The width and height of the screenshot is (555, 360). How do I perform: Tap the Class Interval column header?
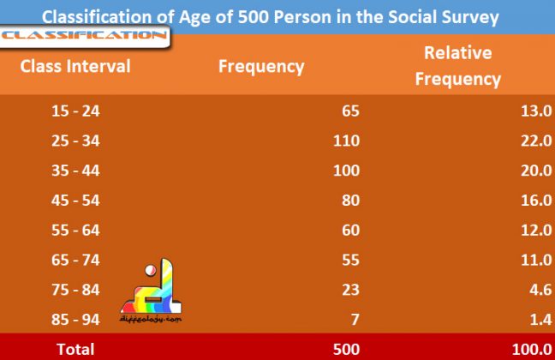coord(75,66)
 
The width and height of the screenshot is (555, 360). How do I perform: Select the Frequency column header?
coord(261,66)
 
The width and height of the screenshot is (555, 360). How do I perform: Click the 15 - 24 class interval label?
coord(75,111)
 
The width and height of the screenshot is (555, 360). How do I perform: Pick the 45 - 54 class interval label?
coord(75,200)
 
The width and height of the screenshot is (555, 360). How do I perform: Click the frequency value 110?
coord(345,141)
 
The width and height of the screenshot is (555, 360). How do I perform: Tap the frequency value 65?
coord(350,111)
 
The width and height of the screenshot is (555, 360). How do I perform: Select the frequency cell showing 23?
coord(350,289)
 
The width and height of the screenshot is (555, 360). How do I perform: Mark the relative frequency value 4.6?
coord(539,289)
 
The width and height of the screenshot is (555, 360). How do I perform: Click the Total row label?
coord(75,349)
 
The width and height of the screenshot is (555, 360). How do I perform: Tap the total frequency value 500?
coord(346,349)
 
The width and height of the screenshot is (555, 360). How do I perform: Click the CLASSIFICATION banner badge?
coord(84,36)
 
